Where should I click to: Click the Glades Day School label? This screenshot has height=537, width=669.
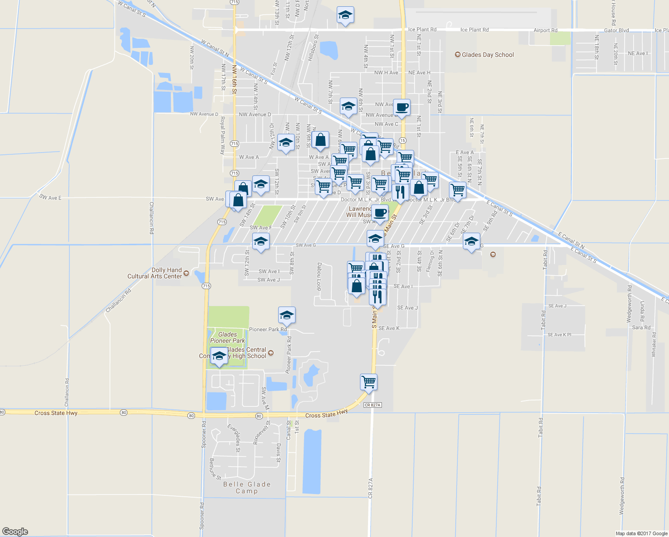tap(487, 55)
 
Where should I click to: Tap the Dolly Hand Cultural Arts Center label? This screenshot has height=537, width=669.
tap(155, 273)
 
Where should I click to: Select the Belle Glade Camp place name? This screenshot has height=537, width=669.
tap(247, 487)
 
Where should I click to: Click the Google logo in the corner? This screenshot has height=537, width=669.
tap(15, 532)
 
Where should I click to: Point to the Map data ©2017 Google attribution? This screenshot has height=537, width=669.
tap(641, 533)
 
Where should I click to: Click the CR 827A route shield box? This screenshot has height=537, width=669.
tap(372, 405)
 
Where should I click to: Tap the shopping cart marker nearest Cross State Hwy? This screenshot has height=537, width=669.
tap(368, 382)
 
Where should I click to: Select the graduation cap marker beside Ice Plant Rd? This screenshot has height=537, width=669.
tap(345, 15)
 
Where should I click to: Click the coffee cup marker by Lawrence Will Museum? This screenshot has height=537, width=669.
tap(380, 213)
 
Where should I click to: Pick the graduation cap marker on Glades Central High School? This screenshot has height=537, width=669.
tap(219, 357)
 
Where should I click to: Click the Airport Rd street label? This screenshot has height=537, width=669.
tap(546, 30)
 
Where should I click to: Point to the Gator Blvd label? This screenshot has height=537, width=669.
tap(617, 30)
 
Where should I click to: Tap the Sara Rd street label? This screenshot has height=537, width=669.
tap(641, 328)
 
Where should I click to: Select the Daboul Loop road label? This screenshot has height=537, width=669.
tap(319, 276)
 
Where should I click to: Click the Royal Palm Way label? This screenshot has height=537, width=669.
tap(222, 136)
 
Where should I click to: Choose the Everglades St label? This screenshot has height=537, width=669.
tap(234, 438)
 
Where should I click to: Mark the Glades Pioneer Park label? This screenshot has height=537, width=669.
tap(228, 337)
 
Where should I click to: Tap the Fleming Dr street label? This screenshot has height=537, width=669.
tap(430, 261)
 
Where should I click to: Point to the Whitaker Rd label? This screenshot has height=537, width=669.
tap(654, 344)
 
